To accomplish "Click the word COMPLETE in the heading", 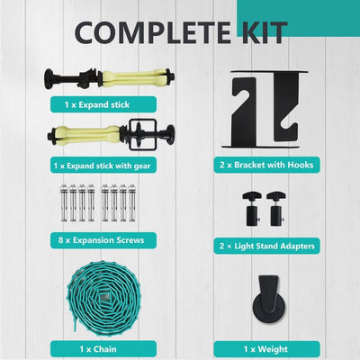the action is [153, 32].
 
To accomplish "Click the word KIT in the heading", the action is [265, 32].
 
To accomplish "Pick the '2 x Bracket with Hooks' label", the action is [266, 165].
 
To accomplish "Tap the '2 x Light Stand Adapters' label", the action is [266, 246].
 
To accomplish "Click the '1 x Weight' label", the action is [266, 349].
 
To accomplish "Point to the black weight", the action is [269, 299].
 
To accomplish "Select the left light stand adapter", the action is [252, 209].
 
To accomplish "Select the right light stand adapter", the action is [276, 209].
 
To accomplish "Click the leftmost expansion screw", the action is [64, 202].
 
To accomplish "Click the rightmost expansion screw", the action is [131, 202].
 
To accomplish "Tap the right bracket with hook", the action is [287, 106].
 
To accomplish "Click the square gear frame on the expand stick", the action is [143, 135].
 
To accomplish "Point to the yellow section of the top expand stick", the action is [134, 78].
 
